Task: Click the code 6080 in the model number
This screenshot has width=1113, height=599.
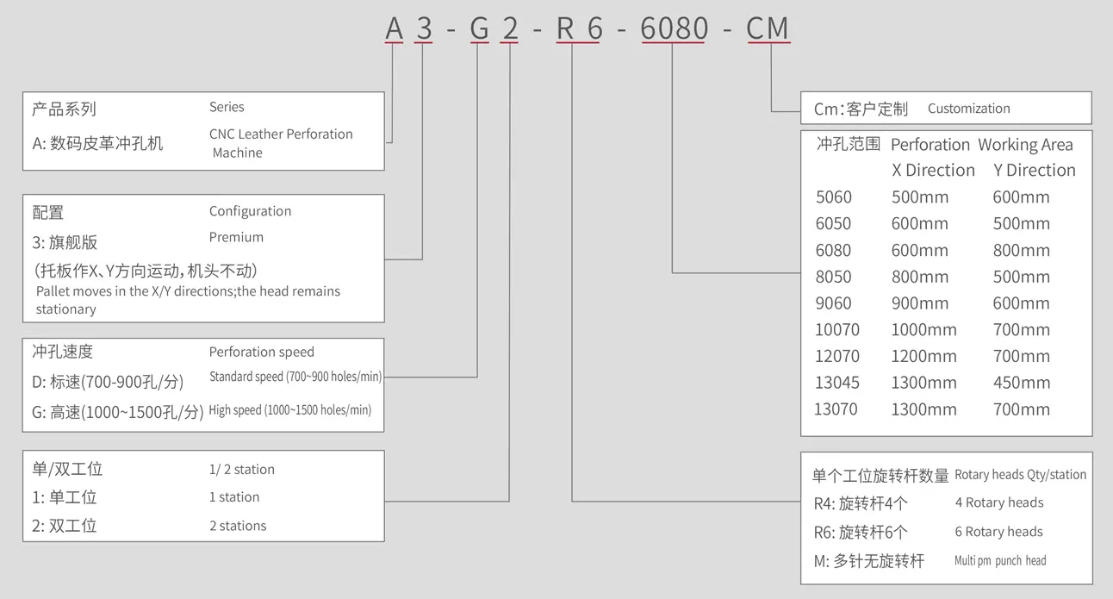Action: point(674,28)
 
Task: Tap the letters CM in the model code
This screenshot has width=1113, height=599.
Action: point(767,28)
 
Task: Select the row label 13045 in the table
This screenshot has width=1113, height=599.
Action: point(837,383)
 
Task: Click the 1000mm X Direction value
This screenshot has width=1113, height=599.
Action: point(923,329)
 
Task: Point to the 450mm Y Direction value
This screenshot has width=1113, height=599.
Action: point(1021,383)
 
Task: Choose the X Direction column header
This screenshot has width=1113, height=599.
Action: point(933,171)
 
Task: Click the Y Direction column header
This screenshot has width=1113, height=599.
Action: point(1034,171)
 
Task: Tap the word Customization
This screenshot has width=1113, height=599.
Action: point(968,109)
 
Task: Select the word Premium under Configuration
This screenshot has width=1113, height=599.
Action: point(236,237)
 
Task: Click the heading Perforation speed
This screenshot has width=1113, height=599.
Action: point(261,352)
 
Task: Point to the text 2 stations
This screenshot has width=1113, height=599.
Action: point(238,526)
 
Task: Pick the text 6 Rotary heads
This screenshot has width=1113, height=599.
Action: point(998,532)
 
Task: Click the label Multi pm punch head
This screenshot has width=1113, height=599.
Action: point(1000,561)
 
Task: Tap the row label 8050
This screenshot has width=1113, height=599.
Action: point(833,277)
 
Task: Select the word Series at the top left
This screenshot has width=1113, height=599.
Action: point(227,107)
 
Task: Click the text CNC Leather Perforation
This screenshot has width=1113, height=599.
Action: point(281,134)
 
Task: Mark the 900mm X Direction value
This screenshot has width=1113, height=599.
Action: point(920,303)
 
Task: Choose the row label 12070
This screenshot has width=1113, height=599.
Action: point(837,356)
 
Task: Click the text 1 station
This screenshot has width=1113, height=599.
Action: point(234,497)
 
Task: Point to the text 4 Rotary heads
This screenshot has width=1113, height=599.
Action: point(998,502)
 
